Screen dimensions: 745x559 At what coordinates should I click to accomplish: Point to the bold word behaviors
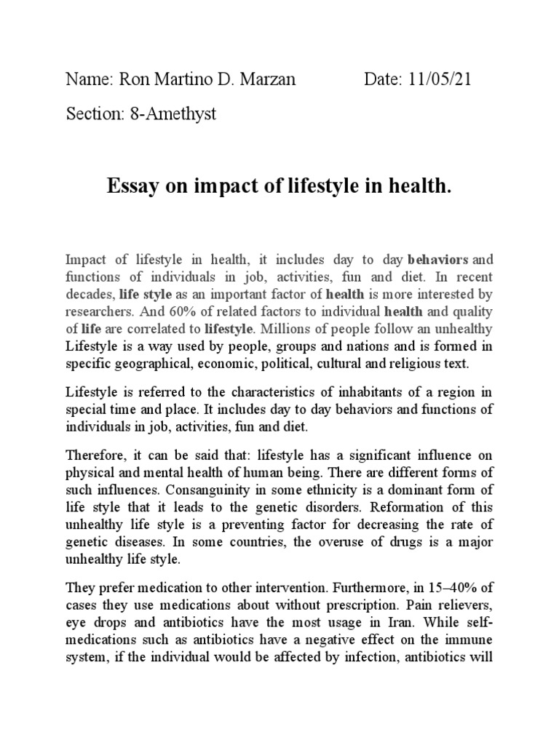440,260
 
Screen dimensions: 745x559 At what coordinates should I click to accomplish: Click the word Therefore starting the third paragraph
95,456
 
